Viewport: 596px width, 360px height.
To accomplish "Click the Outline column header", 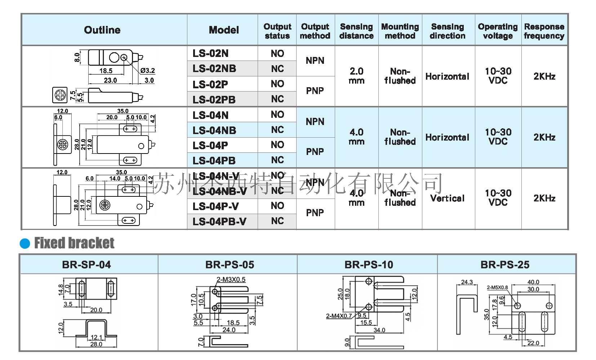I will (102, 30).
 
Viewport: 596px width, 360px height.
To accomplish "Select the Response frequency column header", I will (544, 31).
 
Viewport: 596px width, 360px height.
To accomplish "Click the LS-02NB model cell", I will (214, 68).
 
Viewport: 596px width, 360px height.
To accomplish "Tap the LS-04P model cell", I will (210, 145).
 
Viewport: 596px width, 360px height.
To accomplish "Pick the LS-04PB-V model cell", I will (219, 221).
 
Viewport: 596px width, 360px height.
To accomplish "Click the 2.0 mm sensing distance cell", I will (356, 76).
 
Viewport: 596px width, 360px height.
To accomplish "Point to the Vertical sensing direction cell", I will (447, 198).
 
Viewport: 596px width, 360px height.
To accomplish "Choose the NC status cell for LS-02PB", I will (277, 99).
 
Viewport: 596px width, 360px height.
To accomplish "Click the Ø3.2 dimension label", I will (148, 71).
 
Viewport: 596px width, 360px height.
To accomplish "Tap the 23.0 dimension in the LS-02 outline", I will (110, 80).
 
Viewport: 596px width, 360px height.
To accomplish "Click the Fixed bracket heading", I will (74, 243).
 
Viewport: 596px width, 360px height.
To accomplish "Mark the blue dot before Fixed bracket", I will (25, 244).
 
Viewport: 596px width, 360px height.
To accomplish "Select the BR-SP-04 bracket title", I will (86, 265).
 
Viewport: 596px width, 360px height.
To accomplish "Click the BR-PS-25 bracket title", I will (505, 265).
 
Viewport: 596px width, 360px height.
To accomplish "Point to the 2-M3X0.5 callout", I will (231, 280).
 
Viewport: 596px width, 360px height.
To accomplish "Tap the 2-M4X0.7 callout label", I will (339, 316).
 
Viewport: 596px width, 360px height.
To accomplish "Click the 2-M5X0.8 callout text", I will (497, 288).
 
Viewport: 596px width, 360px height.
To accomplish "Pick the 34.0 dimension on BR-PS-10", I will (379, 330).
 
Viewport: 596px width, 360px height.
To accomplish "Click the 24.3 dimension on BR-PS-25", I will (467, 282).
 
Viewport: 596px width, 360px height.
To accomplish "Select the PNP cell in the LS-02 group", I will (315, 91).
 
